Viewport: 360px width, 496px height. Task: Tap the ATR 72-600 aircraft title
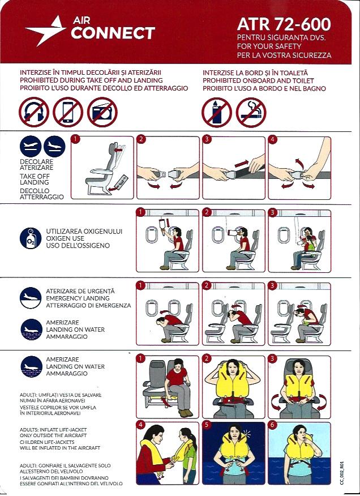point(284,24)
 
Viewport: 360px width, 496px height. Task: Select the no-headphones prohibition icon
point(34,112)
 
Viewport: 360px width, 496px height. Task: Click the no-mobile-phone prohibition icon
point(68,112)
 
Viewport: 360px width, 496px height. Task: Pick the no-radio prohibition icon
point(102,112)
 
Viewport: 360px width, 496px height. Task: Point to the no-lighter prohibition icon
point(217,112)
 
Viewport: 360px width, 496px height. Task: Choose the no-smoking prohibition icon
point(251,112)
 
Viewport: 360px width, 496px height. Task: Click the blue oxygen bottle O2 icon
point(31,238)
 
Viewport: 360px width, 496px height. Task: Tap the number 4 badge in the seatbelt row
point(272,139)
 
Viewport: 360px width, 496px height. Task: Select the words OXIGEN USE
point(65,238)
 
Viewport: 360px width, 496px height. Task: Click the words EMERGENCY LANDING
point(78,298)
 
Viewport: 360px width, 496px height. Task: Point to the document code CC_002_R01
point(341,473)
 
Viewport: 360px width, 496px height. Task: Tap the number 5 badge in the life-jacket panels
point(207,425)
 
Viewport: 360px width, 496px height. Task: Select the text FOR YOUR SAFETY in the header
point(269,46)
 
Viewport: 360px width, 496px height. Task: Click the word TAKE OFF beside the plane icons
point(35,176)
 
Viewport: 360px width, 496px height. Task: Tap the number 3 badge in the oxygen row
point(272,212)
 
